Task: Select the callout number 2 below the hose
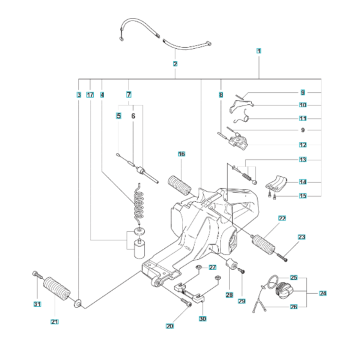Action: pyautogui.click(x=175, y=64)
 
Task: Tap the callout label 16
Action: pyautogui.click(x=181, y=154)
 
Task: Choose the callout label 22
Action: pyautogui.click(x=282, y=219)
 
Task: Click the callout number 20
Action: pyautogui.click(x=170, y=326)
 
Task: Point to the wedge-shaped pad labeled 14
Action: pyautogui.click(x=277, y=182)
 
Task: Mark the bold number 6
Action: pyautogui.click(x=133, y=116)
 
